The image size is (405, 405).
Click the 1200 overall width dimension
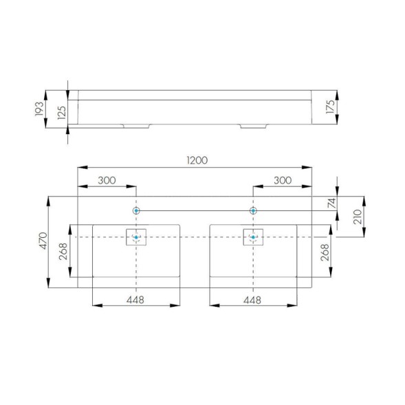point(197,160)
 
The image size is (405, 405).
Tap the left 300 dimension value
point(107,180)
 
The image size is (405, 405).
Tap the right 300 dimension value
point(283,180)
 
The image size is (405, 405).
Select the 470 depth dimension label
point(43,241)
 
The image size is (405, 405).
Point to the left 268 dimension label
point(63,251)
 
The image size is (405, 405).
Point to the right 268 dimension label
point(325,252)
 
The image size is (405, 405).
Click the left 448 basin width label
point(135,300)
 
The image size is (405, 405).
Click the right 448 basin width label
point(252,300)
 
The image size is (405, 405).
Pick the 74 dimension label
point(331,203)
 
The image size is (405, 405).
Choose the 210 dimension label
point(358,217)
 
